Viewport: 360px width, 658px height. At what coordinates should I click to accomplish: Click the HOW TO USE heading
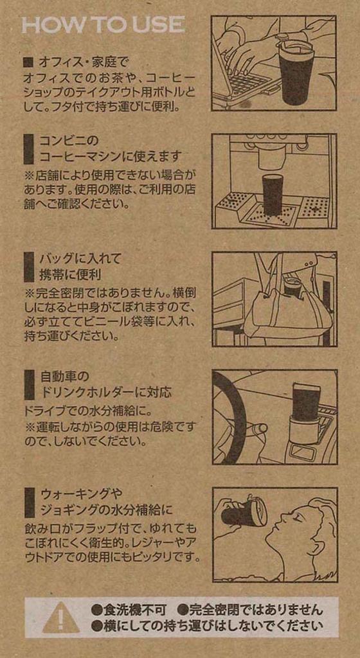pyautogui.click(x=104, y=25)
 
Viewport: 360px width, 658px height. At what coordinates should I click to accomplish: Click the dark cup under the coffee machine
pyautogui.click(x=274, y=196)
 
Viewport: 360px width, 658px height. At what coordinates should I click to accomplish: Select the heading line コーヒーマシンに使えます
pyautogui.click(x=110, y=157)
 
